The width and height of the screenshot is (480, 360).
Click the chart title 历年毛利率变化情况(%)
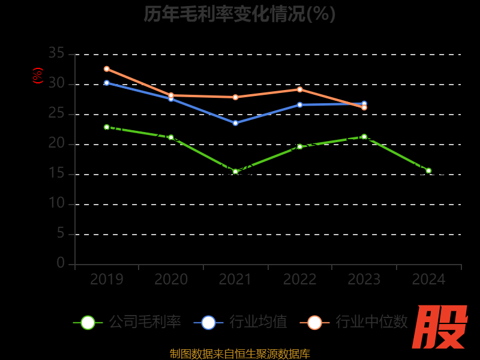coord(239,14)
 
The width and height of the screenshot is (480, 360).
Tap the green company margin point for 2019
coord(107,127)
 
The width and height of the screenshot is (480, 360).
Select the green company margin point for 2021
coord(235,172)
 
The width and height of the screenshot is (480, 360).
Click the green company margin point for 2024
coord(428,170)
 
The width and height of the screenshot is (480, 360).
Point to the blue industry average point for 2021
coord(235,123)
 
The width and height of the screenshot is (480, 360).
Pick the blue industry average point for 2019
coord(107,83)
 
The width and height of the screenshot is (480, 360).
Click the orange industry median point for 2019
coord(107,69)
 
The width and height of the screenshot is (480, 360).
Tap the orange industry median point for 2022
coord(300,89)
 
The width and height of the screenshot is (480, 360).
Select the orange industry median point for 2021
coord(235,97)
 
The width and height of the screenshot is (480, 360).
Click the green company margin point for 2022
coord(300,146)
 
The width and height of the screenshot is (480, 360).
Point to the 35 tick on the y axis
coord(56,53)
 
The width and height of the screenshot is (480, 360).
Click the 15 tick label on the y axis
coord(56,174)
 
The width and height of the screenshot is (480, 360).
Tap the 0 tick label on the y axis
coord(61,263)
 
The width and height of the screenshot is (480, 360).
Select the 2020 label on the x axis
coord(171,280)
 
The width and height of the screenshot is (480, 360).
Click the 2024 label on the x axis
coord(428,280)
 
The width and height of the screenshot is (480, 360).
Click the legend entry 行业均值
coord(241,322)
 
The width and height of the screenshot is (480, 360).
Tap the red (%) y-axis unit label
coord(38,76)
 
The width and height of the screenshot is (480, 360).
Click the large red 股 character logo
coord(441,327)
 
